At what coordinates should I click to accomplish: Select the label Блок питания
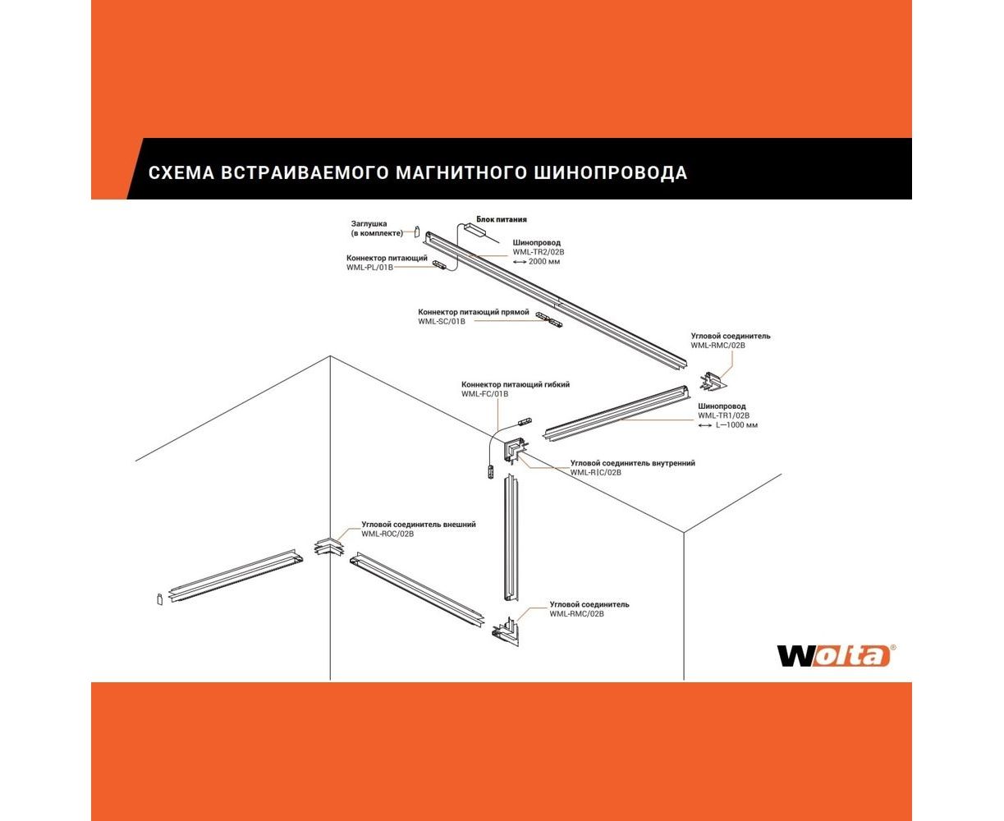click(502, 220)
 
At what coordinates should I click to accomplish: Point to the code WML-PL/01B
click(369, 268)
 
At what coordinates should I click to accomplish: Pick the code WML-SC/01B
click(442, 322)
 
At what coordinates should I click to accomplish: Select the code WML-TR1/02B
click(723, 415)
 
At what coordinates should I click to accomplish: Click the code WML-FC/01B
click(485, 394)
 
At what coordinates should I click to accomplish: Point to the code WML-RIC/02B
click(596, 473)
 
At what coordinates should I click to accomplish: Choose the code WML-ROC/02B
click(387, 534)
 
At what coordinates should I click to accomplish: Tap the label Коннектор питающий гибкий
click(515, 384)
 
